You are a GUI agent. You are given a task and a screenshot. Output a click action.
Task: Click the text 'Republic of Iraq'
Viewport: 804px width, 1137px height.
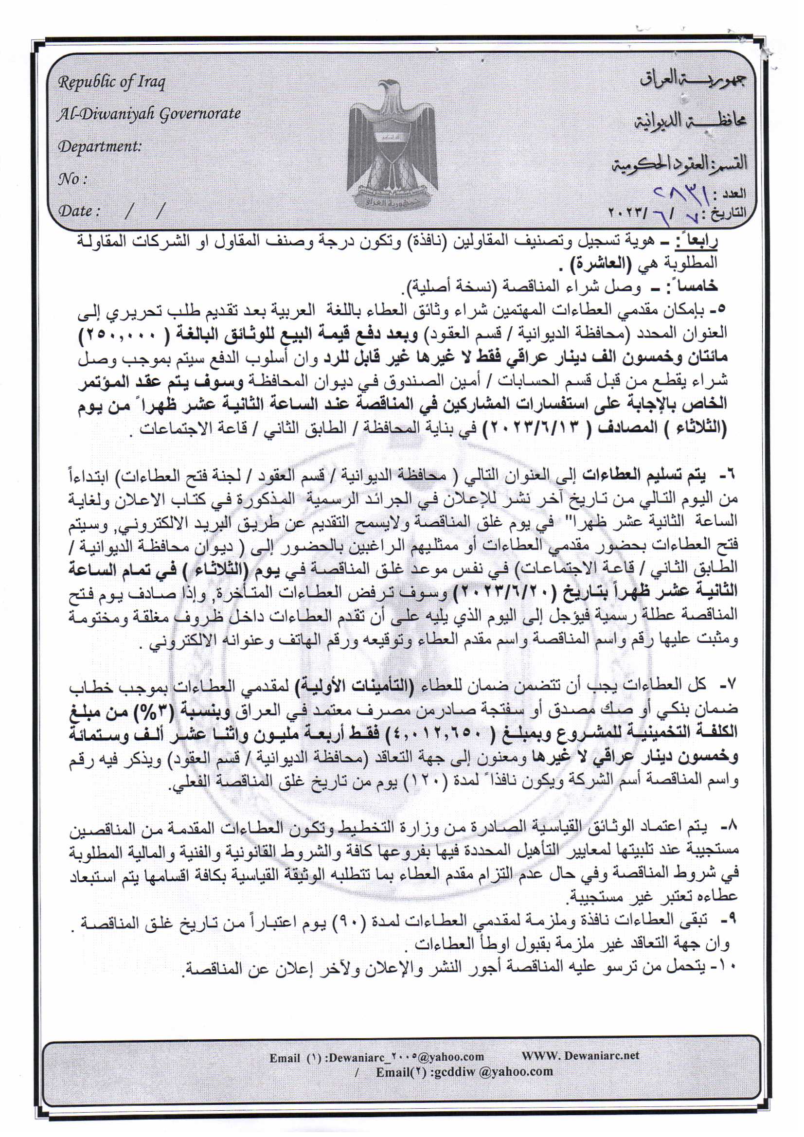click(x=111, y=82)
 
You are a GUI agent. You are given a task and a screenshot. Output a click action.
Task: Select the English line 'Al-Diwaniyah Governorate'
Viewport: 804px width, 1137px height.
click(x=149, y=114)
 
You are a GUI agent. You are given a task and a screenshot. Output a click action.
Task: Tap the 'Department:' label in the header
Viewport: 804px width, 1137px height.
click(x=100, y=146)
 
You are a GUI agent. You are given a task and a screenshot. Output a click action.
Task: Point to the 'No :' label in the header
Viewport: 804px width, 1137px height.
click(x=72, y=179)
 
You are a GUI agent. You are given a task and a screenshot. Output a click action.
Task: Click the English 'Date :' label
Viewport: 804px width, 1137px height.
click(x=79, y=212)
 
